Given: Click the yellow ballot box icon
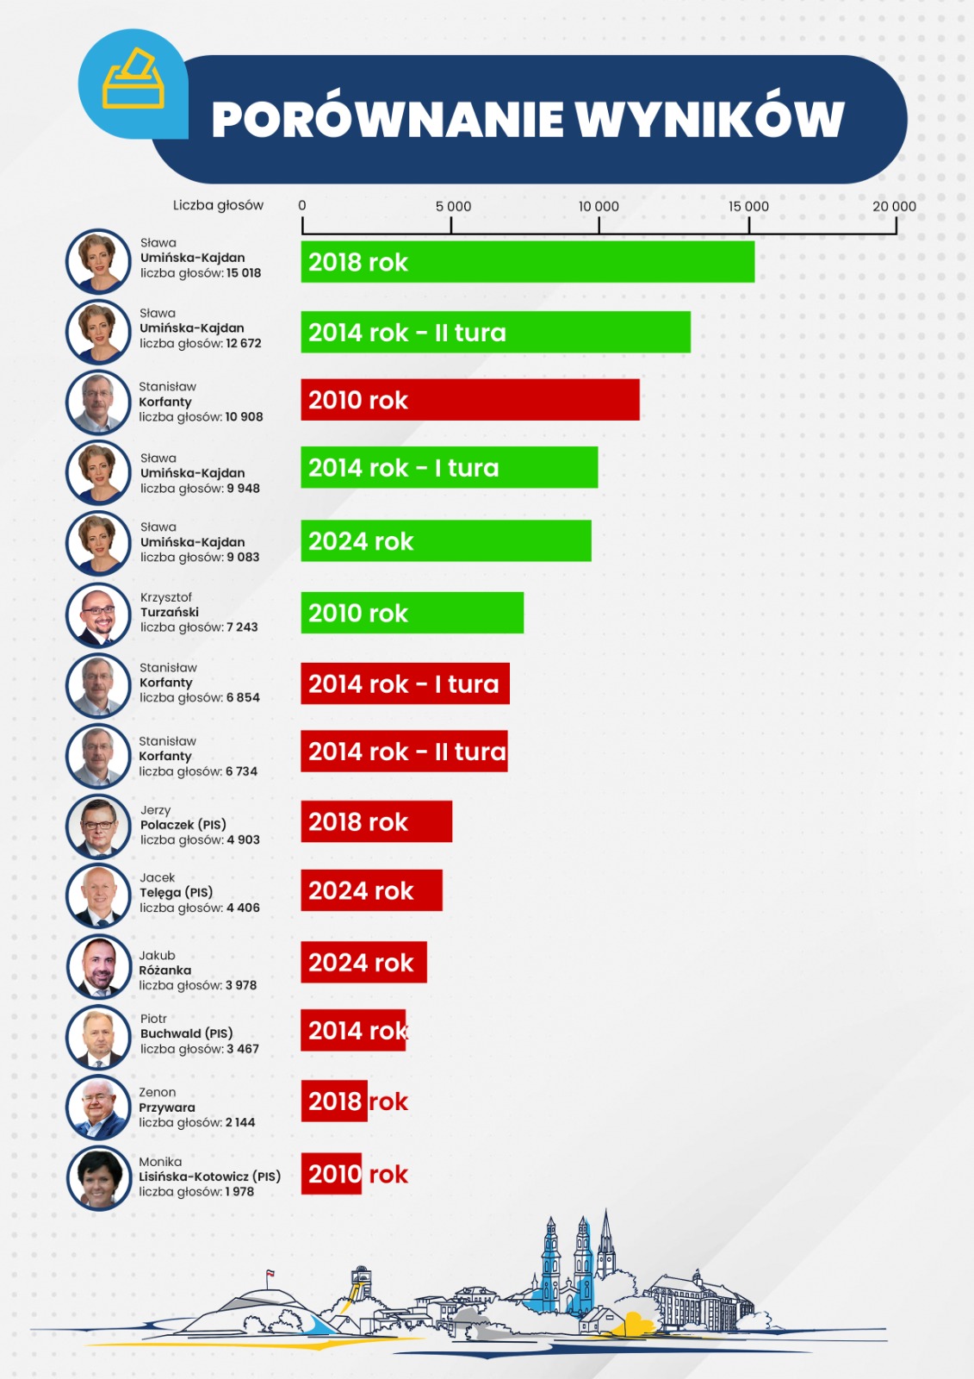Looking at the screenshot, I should pos(133,80).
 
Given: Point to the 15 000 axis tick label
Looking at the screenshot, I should pos(748,207).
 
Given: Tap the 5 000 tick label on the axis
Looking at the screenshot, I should pos(453,207).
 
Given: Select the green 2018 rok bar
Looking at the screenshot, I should pos(527,262).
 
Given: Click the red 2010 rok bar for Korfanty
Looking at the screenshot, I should pos(469,400).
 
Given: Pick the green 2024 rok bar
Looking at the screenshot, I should pos(445,541).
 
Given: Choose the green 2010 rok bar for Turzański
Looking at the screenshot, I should pos(412,613).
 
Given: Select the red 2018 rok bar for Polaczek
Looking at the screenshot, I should pos(375,821).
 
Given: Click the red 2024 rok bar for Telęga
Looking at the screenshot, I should pos(371,890).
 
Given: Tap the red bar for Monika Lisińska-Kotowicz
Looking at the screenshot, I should pos(331,1174).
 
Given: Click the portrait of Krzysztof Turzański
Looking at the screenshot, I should pos(98,615).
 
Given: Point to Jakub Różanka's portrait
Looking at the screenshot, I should pos(98,966).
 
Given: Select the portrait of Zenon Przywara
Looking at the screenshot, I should pos(98,1107).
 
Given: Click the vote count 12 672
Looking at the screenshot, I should pos(244,343).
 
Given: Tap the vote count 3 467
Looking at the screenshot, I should pos(243,1049).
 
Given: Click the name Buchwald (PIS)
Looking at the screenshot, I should pos(186,1033).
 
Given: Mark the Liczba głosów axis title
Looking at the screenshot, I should pos(218,205).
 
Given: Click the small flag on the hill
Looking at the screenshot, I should pos(270,1273).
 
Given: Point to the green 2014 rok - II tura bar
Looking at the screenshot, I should pos(495,332).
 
